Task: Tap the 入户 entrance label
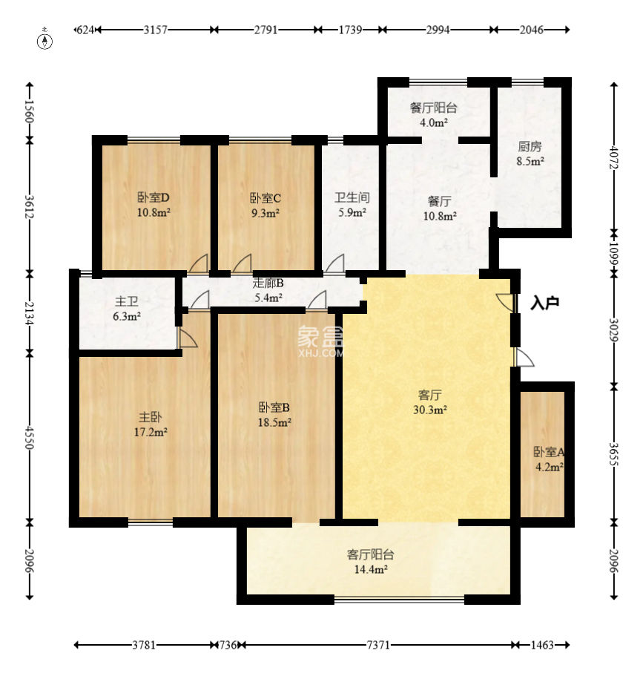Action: [545, 304]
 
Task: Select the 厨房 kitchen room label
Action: [530, 147]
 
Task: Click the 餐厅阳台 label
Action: [433, 108]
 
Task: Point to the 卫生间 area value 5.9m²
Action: [352, 213]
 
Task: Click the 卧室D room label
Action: [154, 198]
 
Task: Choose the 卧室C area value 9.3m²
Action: [266, 213]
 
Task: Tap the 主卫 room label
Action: [127, 301]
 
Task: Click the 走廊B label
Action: [268, 283]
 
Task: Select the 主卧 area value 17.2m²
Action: [151, 433]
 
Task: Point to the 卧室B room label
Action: [274, 407]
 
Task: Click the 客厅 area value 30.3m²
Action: [430, 410]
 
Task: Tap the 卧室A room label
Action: [549, 453]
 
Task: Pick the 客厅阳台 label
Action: [371, 554]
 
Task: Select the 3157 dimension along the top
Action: [155, 30]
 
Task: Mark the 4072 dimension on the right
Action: [613, 157]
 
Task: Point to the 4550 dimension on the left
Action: [29, 437]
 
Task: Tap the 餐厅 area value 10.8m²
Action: [440, 216]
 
